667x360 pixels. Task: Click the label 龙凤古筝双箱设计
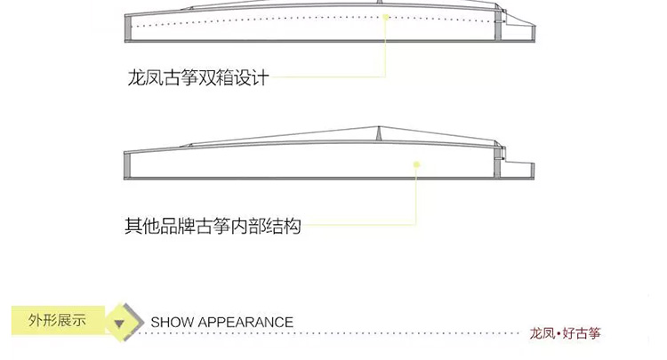(198, 78)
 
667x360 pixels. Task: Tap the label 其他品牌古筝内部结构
(213, 226)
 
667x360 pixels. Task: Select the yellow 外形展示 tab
(58, 320)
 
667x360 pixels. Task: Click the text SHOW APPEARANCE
(222, 322)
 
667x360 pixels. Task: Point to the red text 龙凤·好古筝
(565, 333)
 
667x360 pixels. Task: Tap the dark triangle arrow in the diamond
(119, 324)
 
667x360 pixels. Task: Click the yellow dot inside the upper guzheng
(385, 17)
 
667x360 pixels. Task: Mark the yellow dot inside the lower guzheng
(417, 164)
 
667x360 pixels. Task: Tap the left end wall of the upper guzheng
(127, 28)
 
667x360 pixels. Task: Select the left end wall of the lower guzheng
(127, 165)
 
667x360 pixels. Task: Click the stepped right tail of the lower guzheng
(519, 170)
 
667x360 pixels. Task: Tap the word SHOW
(172, 322)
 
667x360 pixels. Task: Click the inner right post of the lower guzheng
(498, 163)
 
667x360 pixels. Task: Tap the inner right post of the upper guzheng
(498, 26)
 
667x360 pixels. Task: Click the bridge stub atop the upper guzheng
(380, 2)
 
